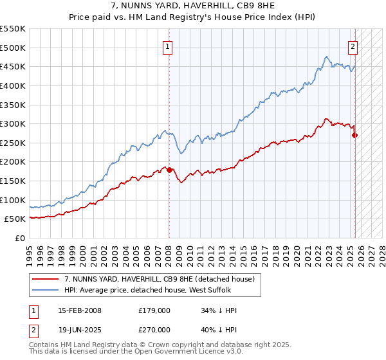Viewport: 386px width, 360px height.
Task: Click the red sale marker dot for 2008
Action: point(169,170)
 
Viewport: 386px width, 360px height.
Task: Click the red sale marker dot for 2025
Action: point(355,135)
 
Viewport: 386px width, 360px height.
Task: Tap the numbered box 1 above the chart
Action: point(167,46)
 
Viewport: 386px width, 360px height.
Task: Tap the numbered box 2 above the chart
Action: point(353,46)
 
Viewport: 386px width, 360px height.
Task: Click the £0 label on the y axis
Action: point(21,238)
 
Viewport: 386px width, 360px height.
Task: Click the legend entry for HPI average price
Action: point(151,290)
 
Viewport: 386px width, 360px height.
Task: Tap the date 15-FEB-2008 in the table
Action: point(79,310)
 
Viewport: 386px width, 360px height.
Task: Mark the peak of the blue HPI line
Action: point(327,57)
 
